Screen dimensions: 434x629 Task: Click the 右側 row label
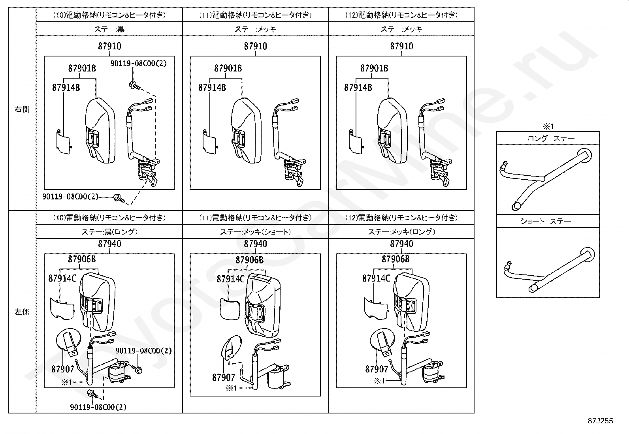(22, 109)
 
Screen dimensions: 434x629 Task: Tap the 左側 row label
(22, 312)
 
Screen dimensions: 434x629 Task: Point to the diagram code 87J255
(600, 421)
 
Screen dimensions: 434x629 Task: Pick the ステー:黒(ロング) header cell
(109, 232)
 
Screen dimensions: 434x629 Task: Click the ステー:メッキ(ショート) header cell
(255, 232)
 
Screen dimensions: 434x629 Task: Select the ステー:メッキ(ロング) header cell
(401, 232)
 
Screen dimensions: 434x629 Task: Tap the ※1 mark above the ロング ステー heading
(548, 127)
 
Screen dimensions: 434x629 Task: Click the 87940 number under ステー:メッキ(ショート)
(256, 244)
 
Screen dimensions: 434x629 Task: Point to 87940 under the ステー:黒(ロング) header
(109, 244)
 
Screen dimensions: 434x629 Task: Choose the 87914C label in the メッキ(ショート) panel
(230, 279)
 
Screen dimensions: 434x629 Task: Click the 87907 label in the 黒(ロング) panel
(62, 369)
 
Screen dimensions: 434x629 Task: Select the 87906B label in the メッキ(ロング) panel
(395, 259)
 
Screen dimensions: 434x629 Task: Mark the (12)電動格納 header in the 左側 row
(401, 218)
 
